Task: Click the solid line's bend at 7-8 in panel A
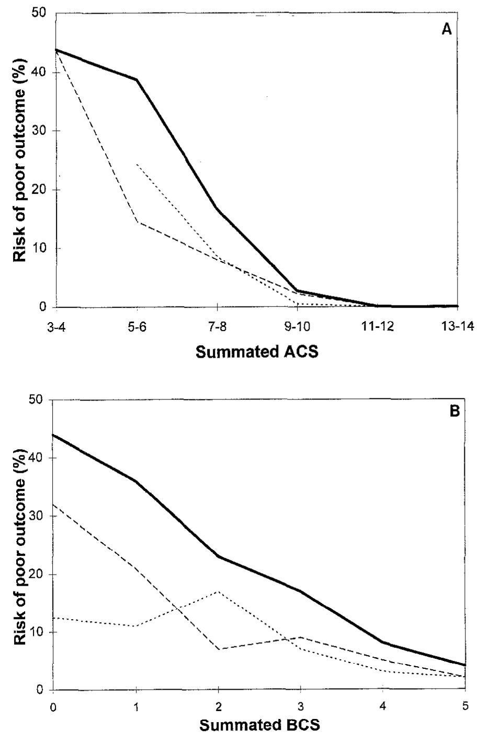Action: coord(217,209)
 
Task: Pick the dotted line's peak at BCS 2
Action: coord(218,591)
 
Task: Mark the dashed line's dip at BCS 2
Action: coord(218,649)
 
